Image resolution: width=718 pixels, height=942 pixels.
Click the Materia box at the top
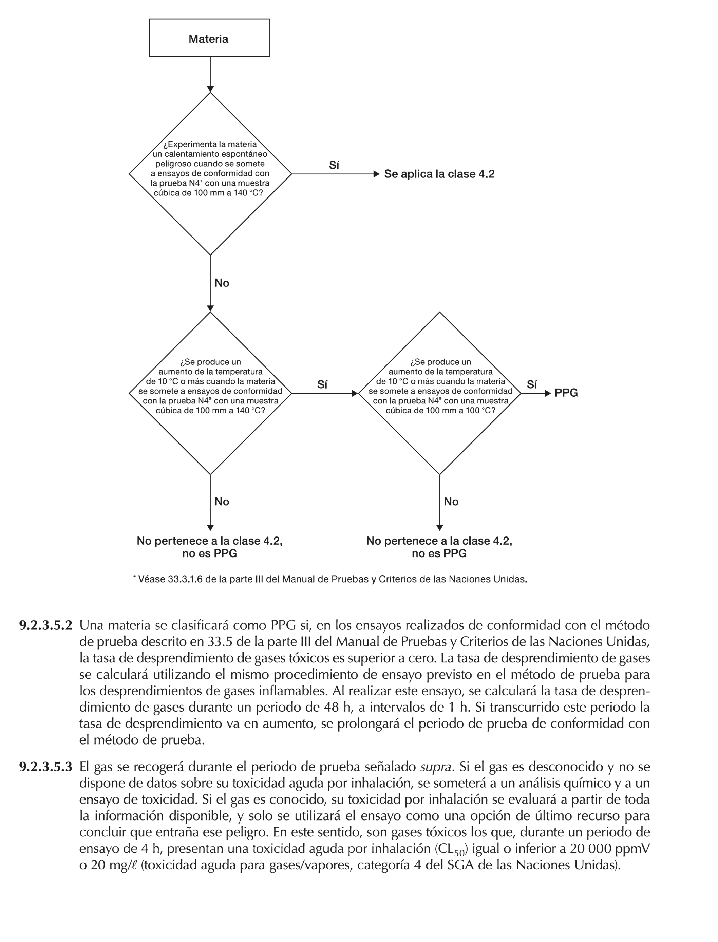[x=209, y=38]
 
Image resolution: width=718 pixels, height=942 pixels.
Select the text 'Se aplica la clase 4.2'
[x=439, y=174]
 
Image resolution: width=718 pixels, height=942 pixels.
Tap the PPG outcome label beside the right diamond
[x=566, y=393]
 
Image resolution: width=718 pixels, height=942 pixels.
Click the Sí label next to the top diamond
[x=334, y=165]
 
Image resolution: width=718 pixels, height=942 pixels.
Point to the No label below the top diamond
[x=222, y=283]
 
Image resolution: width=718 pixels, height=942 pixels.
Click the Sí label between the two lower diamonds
[x=323, y=385]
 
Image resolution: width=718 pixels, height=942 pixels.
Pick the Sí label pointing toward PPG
[x=532, y=385]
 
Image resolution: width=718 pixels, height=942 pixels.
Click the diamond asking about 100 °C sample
[x=440, y=393]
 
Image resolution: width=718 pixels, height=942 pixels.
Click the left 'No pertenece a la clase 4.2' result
[x=209, y=547]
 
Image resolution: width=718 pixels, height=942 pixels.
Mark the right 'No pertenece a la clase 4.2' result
[x=439, y=547]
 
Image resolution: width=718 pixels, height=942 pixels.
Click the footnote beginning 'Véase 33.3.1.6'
[x=330, y=580]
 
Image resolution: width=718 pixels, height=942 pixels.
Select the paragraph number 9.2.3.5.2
[x=46, y=626]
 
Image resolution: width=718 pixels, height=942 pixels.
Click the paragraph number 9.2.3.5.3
[x=46, y=767]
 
